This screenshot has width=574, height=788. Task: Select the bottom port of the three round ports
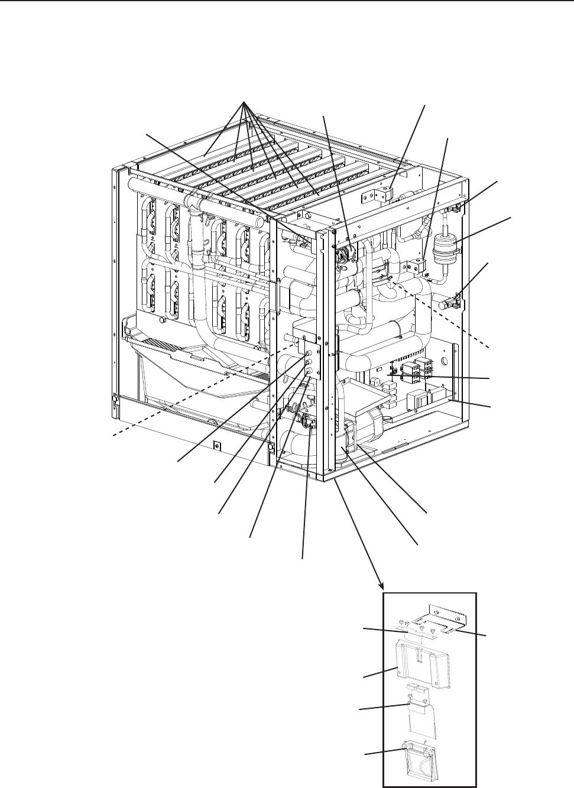click(x=309, y=371)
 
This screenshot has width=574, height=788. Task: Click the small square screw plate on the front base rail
click(x=218, y=445)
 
